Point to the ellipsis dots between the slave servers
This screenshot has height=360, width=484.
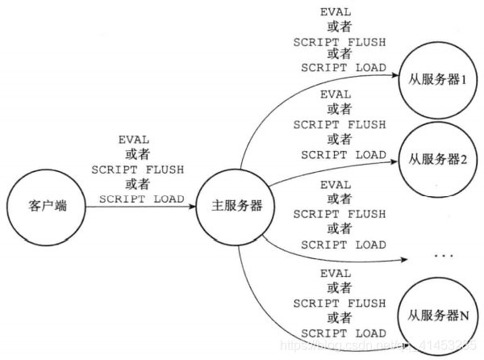pyautogui.click(x=444, y=257)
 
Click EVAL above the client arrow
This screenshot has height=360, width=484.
pyautogui.click(x=137, y=140)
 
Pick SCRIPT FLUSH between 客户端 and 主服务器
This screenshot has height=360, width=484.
pyautogui.click(x=137, y=170)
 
